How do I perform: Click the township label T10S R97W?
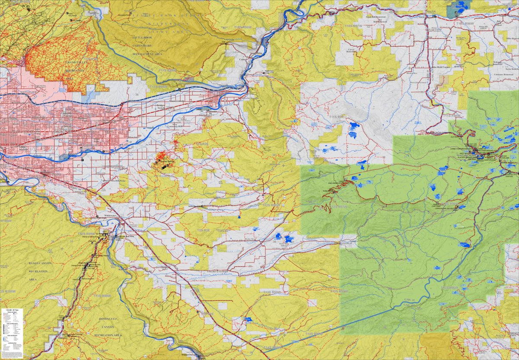click(357, 26)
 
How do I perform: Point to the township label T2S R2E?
click(203, 231)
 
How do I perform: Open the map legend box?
click(12, 333)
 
